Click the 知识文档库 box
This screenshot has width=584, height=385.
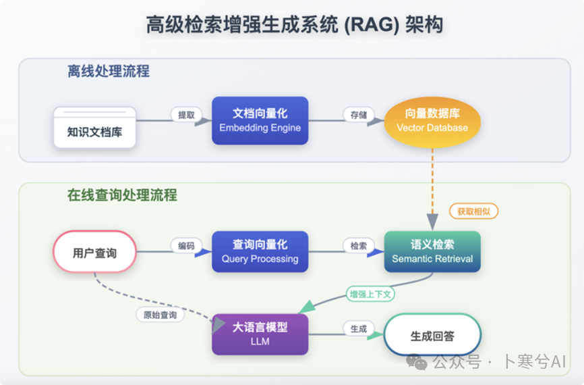[95, 128]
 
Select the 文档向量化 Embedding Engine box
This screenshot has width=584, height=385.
[260, 120]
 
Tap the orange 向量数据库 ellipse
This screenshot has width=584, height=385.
[432, 121]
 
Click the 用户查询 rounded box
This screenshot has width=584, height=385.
[94, 253]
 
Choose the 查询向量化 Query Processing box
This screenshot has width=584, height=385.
[260, 252]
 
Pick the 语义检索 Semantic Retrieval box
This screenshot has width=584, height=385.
[432, 252]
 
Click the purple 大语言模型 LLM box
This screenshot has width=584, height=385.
[260, 334]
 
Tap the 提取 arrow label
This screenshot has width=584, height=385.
[186, 115]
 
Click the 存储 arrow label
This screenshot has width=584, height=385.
[359, 115]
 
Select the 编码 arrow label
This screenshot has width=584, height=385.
[186, 246]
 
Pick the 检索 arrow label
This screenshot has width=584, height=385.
[359, 246]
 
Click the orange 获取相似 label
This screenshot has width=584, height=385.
[473, 211]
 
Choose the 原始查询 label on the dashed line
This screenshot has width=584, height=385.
[160, 315]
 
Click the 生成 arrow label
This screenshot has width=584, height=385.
[359, 329]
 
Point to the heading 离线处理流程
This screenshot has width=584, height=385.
[109, 71]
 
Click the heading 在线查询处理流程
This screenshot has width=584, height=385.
[122, 195]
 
